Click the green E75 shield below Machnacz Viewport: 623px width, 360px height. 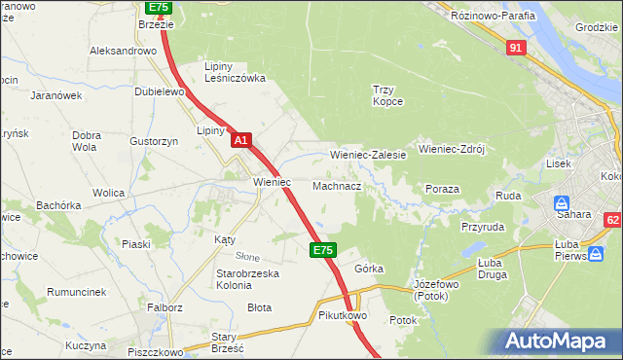325,250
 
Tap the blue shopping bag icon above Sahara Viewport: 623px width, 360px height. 562,204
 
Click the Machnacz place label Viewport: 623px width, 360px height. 338,185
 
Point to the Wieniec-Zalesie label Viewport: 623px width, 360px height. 368,155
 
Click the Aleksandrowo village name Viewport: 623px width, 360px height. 124,50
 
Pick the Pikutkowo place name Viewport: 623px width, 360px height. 342,316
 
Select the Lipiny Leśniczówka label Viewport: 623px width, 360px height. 235,72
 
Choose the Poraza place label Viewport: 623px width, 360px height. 442,188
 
